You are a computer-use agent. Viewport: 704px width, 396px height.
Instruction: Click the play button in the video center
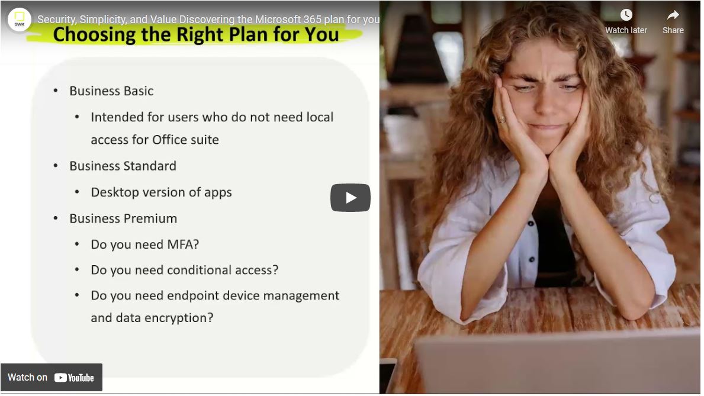350,198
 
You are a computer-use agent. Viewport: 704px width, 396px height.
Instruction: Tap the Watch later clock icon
626,15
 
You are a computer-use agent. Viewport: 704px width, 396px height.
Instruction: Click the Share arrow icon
673,15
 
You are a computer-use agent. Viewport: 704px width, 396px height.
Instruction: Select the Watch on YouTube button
51,377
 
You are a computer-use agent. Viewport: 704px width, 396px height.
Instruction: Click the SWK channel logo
20,20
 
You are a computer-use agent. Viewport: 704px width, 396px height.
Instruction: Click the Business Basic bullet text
111,91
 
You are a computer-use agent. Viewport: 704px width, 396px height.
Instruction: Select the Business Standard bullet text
123,166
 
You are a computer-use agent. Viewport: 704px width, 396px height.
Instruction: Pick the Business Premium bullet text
123,218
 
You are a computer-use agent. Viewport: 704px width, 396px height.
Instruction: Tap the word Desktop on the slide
114,192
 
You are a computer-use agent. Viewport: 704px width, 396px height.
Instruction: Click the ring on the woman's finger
502,120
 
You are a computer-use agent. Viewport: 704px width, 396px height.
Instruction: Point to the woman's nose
547,101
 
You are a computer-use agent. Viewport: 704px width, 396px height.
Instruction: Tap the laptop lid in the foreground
557,363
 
